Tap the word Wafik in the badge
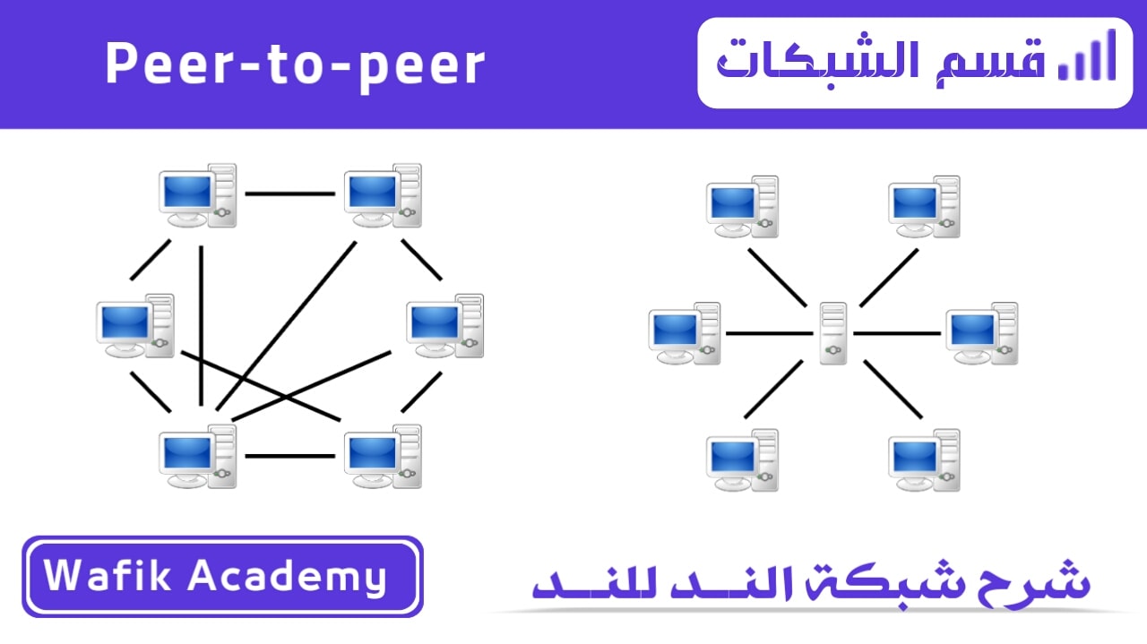tap(107, 575)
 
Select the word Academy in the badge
tap(288, 578)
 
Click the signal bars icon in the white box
tap(1087, 56)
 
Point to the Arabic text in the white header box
tap(881, 63)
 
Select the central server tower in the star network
tap(833, 333)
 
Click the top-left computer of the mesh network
tap(198, 195)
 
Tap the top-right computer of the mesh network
tap(383, 195)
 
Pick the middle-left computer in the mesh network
tap(135, 326)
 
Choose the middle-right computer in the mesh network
tap(445, 326)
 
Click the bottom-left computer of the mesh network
tap(198, 456)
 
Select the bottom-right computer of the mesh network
tap(383, 456)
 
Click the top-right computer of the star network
tap(924, 207)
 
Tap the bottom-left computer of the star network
tap(743, 460)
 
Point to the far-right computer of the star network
tap(982, 333)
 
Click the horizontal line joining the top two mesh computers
tap(289, 194)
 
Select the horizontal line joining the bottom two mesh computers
tap(289, 456)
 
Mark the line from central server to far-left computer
tap(770, 333)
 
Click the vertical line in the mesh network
tap(202, 326)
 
